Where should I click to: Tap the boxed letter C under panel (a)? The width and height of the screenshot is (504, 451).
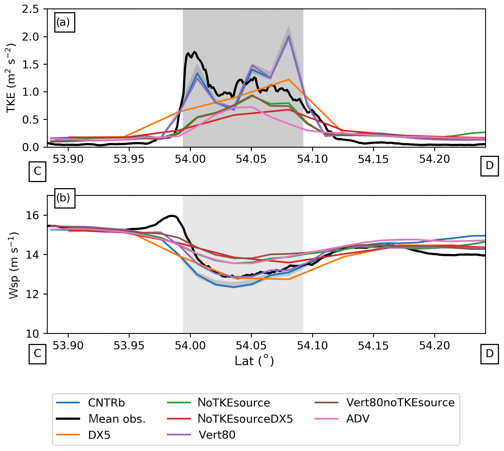coord(37,171)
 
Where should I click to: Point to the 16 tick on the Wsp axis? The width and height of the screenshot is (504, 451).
coord(32,215)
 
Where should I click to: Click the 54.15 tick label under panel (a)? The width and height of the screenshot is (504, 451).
coord(373,159)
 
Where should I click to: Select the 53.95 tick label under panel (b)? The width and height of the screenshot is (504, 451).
coord(129,346)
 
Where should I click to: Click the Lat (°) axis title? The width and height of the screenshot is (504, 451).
coord(254,361)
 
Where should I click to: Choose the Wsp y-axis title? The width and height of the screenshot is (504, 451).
coord(13,265)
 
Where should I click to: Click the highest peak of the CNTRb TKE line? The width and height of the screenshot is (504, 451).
coord(289,36)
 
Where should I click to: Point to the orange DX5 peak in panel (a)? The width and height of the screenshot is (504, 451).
coord(289,79)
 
